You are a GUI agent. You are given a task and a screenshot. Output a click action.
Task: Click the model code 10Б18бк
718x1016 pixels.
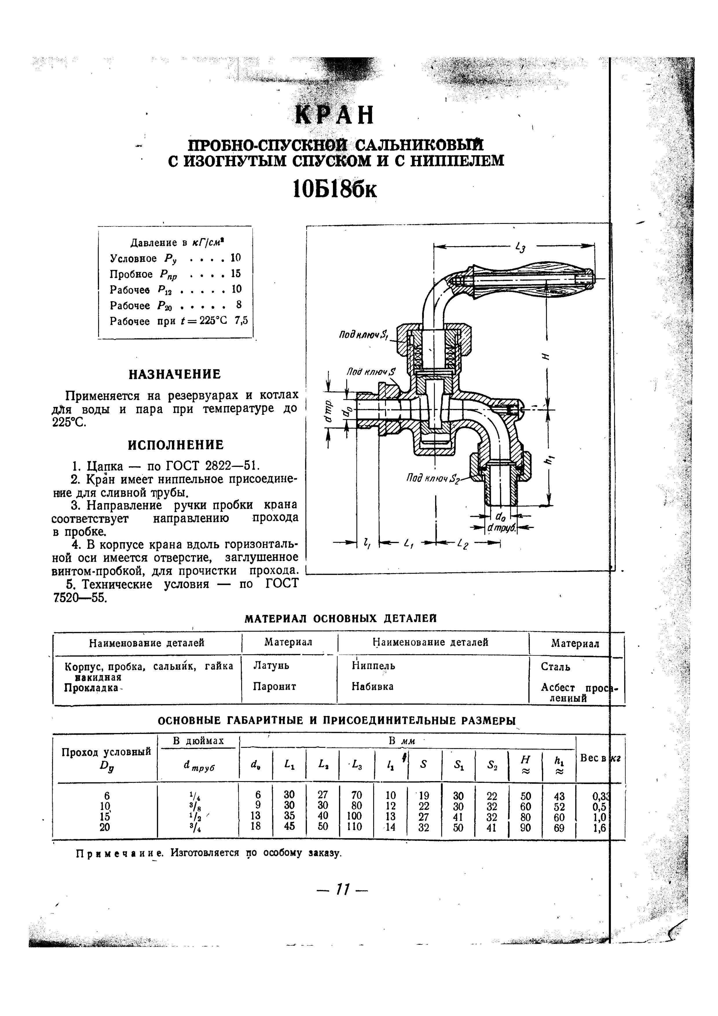click(335, 190)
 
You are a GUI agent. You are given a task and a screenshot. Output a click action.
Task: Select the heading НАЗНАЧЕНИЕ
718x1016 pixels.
click(175, 375)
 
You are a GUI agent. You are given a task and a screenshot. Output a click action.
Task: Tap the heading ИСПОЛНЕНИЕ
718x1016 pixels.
click(176, 445)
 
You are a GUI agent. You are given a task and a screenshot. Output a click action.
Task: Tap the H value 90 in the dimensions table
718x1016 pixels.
click(525, 827)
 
